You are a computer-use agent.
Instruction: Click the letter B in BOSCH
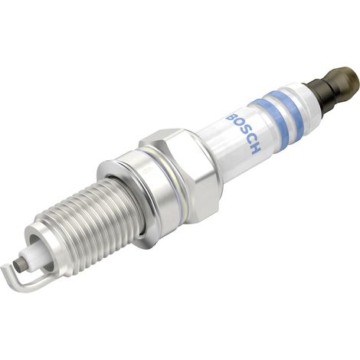tap(231, 118)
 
